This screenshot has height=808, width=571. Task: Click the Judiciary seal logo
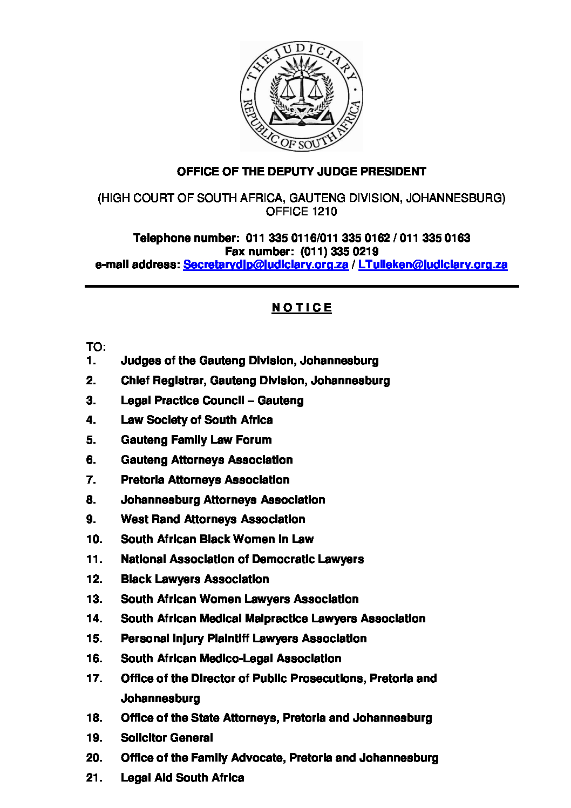click(x=301, y=96)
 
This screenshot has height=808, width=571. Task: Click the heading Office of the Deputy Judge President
click(x=301, y=172)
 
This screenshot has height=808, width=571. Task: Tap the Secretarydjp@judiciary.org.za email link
click(x=266, y=264)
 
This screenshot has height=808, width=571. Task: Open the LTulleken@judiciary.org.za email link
click(x=432, y=264)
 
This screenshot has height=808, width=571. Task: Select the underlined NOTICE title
click(x=301, y=308)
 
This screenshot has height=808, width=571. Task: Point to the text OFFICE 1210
click(x=301, y=212)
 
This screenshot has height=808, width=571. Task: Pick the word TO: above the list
click(x=96, y=347)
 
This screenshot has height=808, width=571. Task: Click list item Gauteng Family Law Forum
click(x=196, y=440)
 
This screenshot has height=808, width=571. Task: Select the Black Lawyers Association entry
click(x=195, y=579)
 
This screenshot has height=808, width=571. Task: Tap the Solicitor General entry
click(x=167, y=738)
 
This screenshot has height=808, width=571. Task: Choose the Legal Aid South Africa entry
click(x=182, y=778)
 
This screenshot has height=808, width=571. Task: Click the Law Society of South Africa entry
click(x=196, y=420)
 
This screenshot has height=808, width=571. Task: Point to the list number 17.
click(x=94, y=678)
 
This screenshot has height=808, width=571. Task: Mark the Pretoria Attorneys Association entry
click(x=205, y=480)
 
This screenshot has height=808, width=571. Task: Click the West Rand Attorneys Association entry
click(x=213, y=519)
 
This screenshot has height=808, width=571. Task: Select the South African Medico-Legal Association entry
click(x=231, y=658)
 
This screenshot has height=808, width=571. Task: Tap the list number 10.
click(x=94, y=539)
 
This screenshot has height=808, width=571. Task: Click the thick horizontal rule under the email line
click(x=301, y=286)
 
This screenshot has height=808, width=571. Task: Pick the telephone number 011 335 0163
click(x=434, y=238)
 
